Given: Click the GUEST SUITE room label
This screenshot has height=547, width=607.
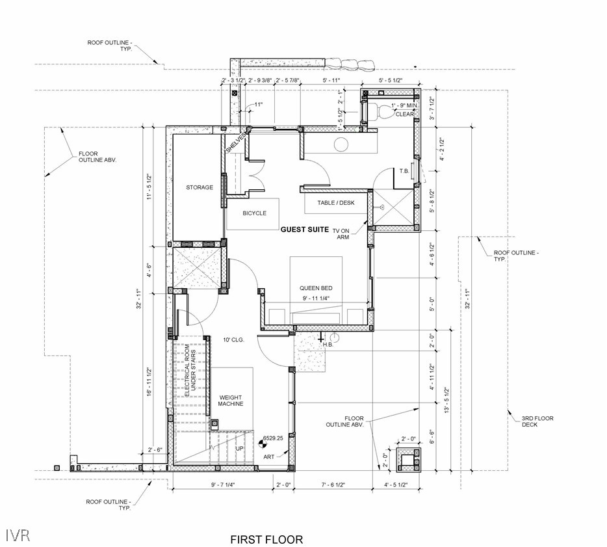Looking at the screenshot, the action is coord(305,230).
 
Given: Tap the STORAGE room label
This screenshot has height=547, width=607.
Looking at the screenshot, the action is coord(200,187).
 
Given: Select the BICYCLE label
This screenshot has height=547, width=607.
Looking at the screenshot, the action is coord(254,213).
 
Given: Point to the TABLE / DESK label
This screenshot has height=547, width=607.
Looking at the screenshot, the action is coord(335,203).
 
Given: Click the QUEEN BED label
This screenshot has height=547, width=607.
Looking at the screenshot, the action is coord(316,288).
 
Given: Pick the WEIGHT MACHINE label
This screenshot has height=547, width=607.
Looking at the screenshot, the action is coord(231,401).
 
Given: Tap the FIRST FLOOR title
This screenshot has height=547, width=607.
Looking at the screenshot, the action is coord(266,539).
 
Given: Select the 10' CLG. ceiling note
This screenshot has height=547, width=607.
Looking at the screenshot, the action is coord(233,340).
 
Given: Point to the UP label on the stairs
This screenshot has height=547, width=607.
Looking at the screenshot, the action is coord(240,448).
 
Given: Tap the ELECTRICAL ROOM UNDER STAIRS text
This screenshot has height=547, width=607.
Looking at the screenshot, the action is coord(190,371).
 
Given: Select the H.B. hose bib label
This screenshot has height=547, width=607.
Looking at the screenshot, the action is coord(328,344).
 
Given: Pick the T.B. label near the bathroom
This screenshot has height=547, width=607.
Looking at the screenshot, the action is coord(404,171).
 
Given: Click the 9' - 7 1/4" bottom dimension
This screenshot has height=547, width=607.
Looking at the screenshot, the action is coord(223,485).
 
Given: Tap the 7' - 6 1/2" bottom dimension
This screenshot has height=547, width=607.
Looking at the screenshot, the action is coord(333,485).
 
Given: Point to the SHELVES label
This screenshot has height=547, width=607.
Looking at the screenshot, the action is coord(235,142).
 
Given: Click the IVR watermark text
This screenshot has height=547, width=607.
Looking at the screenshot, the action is coord(18,535).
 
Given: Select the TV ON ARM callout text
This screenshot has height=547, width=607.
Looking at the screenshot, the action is coord(341,234).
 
